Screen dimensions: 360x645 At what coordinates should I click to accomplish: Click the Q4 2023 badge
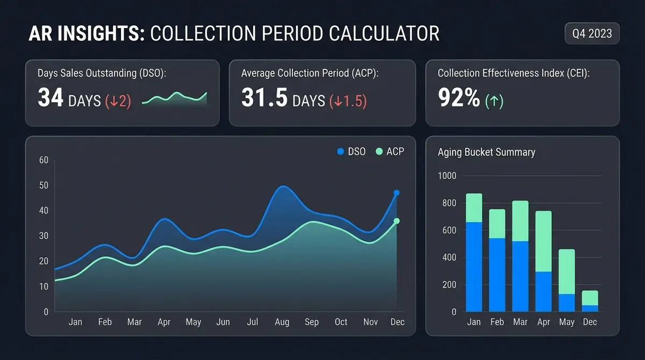click(592, 33)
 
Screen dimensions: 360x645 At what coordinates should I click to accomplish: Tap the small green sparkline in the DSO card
click(174, 98)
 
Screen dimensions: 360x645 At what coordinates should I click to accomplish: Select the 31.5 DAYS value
click(283, 99)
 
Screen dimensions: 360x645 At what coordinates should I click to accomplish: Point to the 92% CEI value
click(459, 99)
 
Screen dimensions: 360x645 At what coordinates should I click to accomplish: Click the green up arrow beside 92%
click(494, 101)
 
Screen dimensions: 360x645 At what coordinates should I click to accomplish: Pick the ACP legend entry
click(390, 152)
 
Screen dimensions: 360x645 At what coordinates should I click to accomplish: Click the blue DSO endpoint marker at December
click(397, 192)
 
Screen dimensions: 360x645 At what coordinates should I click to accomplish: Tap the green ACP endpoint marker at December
click(397, 221)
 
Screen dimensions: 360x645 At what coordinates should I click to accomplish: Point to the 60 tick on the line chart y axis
click(44, 160)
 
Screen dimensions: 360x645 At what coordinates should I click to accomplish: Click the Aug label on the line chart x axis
click(282, 322)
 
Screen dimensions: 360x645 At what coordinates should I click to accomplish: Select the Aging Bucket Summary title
click(486, 152)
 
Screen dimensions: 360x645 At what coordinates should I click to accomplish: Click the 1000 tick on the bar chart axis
click(447, 176)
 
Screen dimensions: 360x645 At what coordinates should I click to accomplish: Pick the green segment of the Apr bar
click(543, 241)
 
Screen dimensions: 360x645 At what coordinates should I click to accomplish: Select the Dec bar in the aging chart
click(590, 301)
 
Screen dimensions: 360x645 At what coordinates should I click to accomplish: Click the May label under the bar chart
click(567, 322)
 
